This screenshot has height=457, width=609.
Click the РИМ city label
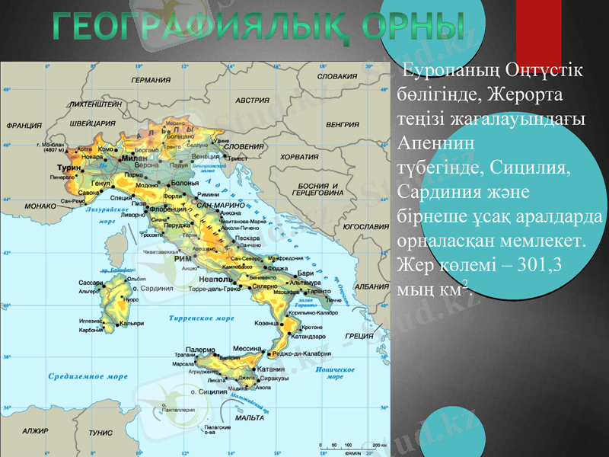click(x=183, y=260)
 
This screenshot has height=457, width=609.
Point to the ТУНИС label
click(x=100, y=432)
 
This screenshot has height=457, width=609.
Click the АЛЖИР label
click(x=35, y=431)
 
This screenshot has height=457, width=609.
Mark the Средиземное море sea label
click(x=88, y=376)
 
